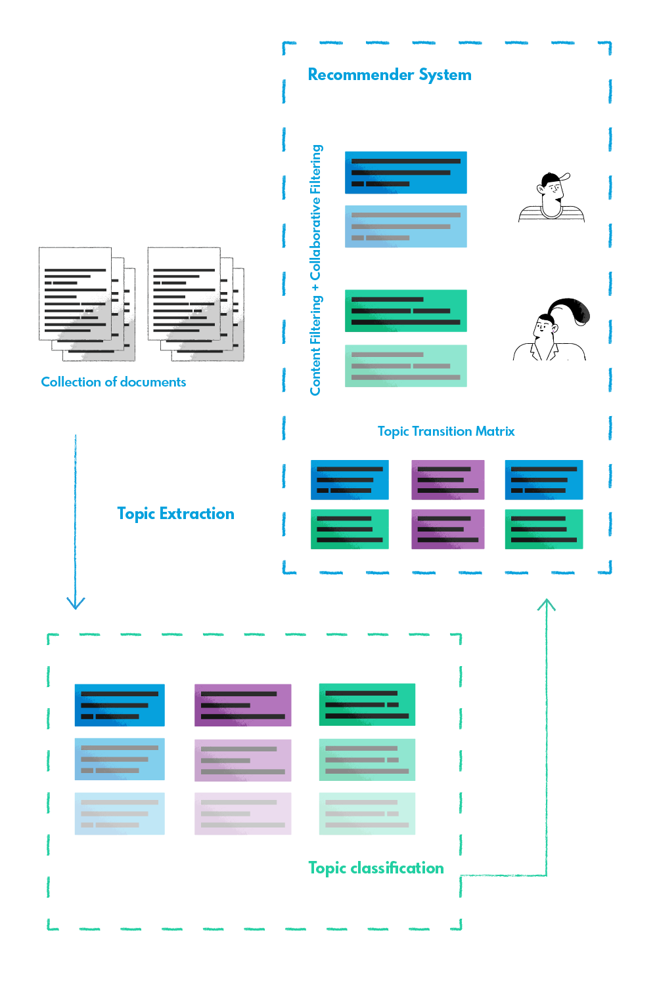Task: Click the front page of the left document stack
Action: click(x=75, y=293)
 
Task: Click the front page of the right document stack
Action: click(x=183, y=293)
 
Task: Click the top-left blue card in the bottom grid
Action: click(x=134, y=709)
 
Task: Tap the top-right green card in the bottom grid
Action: click(x=389, y=709)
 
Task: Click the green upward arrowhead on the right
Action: click(x=547, y=607)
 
